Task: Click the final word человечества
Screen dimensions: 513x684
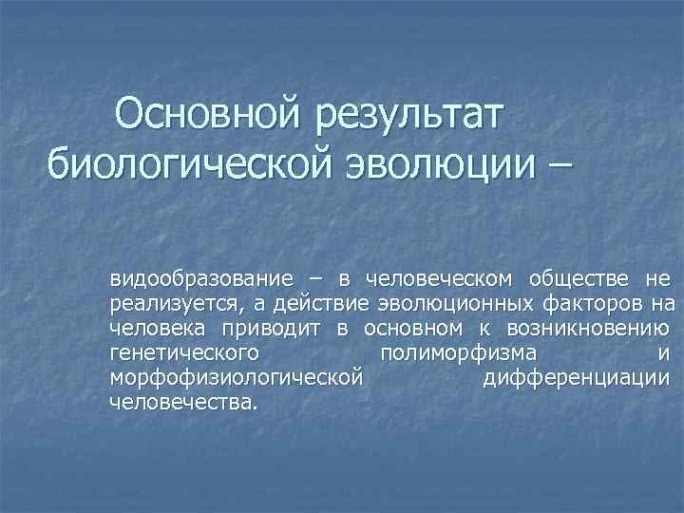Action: pos(182,402)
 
